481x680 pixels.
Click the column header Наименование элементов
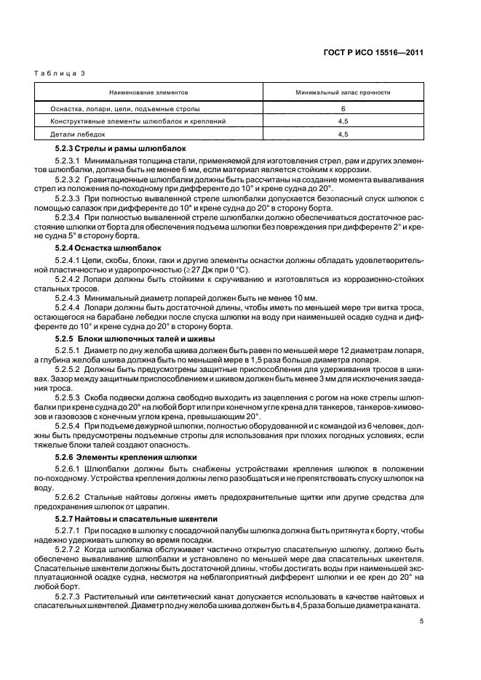[x=148, y=93]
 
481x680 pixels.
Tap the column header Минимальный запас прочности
[x=343, y=93]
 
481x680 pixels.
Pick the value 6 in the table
[x=343, y=109]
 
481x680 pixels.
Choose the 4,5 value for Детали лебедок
[x=343, y=134]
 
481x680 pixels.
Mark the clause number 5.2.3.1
[x=67, y=160]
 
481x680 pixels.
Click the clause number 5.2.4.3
[x=67, y=296]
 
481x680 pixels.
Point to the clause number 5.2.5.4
[x=67, y=426]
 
